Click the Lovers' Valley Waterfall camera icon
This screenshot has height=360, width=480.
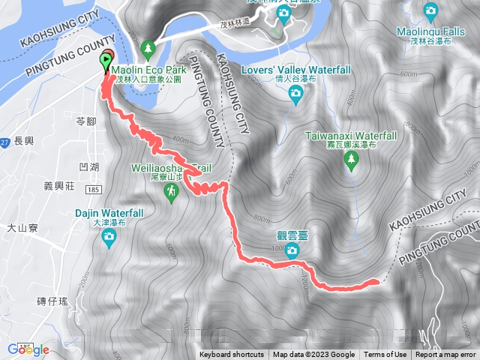click(295, 93)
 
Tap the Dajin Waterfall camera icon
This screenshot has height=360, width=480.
click(109, 238)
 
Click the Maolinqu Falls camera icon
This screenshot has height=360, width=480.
click(430, 10)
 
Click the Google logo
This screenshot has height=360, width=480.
click(28, 349)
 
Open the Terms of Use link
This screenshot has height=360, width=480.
click(385, 355)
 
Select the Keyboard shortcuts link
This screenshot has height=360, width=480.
click(232, 355)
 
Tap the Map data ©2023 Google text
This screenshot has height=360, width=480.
click(313, 355)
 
